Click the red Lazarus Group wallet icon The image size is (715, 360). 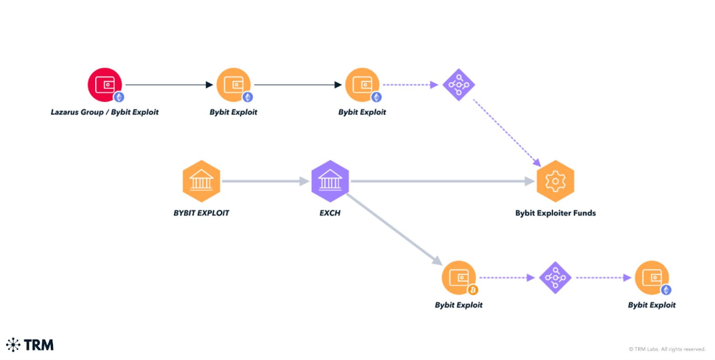pyautogui.click(x=105, y=85)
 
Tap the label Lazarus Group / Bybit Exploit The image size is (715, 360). pyautogui.click(x=105, y=112)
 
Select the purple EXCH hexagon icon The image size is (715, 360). pyautogui.click(x=330, y=181)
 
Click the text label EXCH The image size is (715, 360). pyautogui.click(x=330, y=213)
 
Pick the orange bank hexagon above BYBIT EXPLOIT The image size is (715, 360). pyautogui.click(x=201, y=181)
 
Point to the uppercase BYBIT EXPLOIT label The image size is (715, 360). pyautogui.click(x=201, y=213)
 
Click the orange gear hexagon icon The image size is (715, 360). pyautogui.click(x=555, y=181)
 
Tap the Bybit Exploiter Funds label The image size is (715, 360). pyautogui.click(x=555, y=213)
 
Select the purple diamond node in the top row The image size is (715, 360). pyautogui.click(x=459, y=85)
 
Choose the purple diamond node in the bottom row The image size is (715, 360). pyautogui.click(x=555, y=277)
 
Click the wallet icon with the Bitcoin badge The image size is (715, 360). pyautogui.click(x=459, y=277)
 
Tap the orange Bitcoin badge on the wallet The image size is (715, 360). pyautogui.click(x=473, y=289)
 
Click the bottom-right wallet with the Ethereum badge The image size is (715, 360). pyautogui.click(x=652, y=277)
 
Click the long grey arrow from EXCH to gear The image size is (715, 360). pyautogui.click(x=442, y=181)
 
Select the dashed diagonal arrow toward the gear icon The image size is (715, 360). pyautogui.click(x=506, y=133)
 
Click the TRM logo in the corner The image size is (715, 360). pyautogui.click(x=30, y=344)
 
